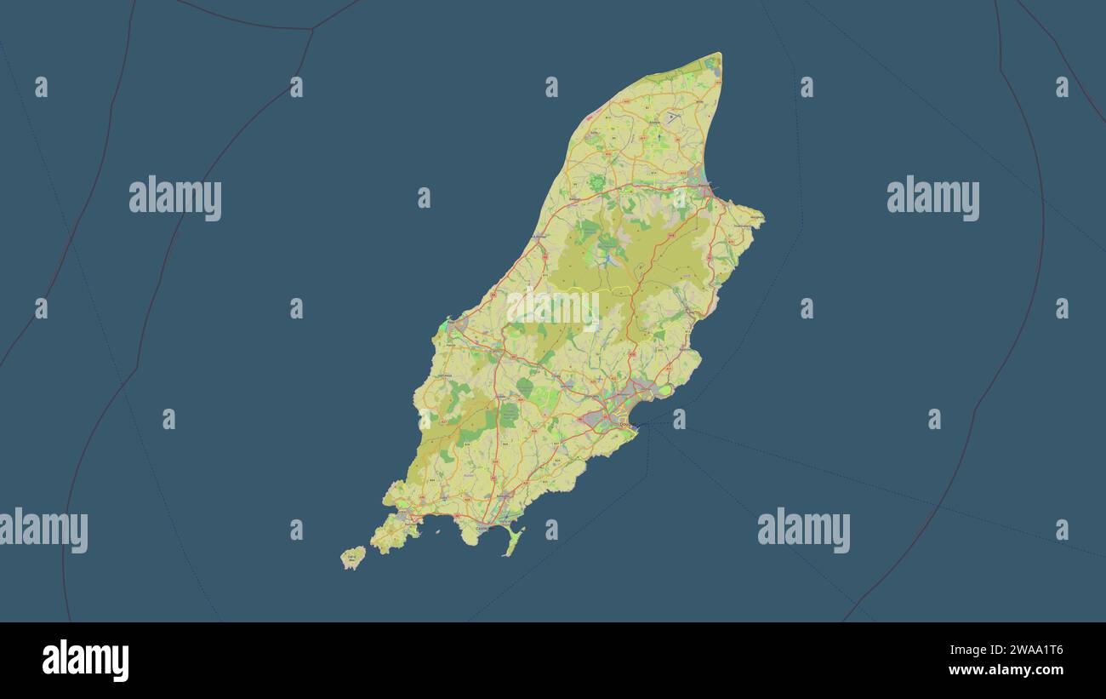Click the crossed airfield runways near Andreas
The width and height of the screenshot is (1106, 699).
pyautogui.click(x=672, y=117)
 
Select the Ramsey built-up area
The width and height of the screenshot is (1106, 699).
pyautogui.click(x=699, y=181)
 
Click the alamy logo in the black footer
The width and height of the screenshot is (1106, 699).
pyautogui.click(x=85, y=661)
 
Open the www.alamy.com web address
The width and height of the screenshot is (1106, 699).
pyautogui.click(x=1006, y=670)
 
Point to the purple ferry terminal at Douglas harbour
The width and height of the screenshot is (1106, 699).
pyautogui.click(x=634, y=424)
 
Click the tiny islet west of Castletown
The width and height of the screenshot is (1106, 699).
pyautogui.click(x=439, y=533)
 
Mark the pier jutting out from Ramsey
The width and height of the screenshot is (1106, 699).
pyautogui.click(x=714, y=188)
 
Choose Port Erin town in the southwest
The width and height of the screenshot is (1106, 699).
pyautogui.click(x=399, y=517)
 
